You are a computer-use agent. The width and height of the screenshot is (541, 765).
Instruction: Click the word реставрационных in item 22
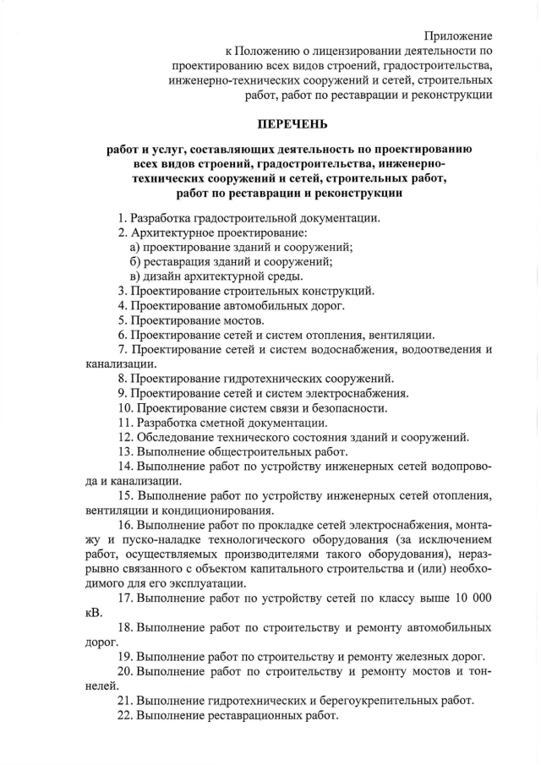(258, 715)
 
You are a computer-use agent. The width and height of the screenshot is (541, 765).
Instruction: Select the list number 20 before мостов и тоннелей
(124, 671)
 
